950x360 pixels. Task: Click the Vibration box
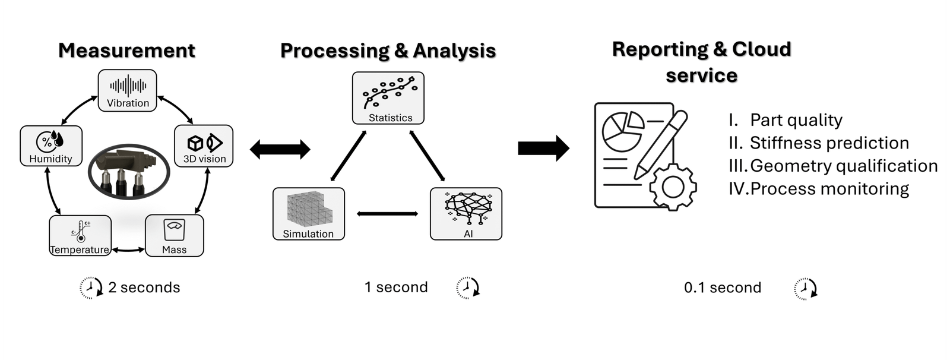point(127,90)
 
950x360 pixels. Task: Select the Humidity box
point(51,146)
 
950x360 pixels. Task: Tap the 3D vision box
point(204,146)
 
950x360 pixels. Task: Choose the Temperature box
point(80,236)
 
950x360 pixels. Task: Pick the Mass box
point(175,236)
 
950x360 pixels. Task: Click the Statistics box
point(388,98)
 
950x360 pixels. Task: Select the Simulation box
point(309,214)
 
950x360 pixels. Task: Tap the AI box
point(466,214)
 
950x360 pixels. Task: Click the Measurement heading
point(127,50)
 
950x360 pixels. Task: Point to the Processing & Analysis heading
point(388,50)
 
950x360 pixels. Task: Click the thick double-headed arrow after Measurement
point(280,149)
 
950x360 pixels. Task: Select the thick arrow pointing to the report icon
point(544,148)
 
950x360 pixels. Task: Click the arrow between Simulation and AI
point(387,213)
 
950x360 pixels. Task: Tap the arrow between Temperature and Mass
point(128,250)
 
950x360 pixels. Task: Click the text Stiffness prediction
point(829,143)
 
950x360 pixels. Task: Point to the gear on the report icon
point(673,187)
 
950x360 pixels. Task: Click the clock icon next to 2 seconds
point(91,288)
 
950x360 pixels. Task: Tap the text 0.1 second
point(723,288)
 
